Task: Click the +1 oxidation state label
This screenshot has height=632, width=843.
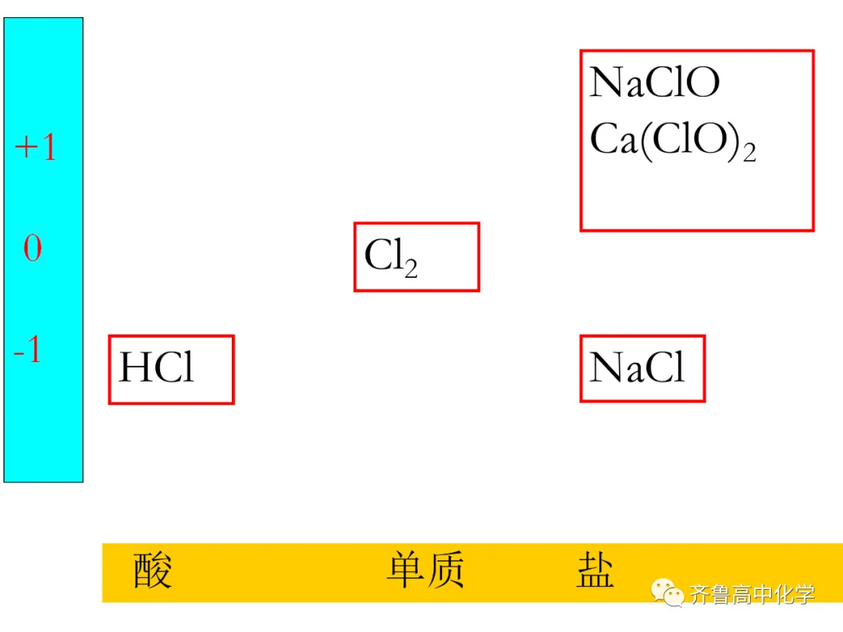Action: [36, 147]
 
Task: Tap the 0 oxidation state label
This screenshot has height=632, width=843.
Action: [33, 249]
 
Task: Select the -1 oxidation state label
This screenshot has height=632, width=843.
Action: [27, 352]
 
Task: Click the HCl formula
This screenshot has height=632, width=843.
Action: [156, 367]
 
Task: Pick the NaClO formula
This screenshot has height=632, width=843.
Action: [654, 83]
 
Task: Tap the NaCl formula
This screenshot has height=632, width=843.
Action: [637, 367]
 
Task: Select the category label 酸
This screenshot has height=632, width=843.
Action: [151, 570]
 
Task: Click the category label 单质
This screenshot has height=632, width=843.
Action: [425, 570]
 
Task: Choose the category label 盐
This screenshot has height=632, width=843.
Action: [596, 570]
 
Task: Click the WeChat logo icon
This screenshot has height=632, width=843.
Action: [669, 595]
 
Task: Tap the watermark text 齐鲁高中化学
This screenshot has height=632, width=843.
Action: [752, 595]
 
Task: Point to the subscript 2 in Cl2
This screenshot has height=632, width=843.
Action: [411, 268]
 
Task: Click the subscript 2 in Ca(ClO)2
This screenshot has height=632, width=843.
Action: [749, 152]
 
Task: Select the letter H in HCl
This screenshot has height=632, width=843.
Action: [133, 367]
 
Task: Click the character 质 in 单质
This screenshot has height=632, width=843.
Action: [446, 570]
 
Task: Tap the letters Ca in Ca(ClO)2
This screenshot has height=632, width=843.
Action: [614, 140]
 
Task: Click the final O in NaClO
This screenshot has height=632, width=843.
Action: [703, 83]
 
